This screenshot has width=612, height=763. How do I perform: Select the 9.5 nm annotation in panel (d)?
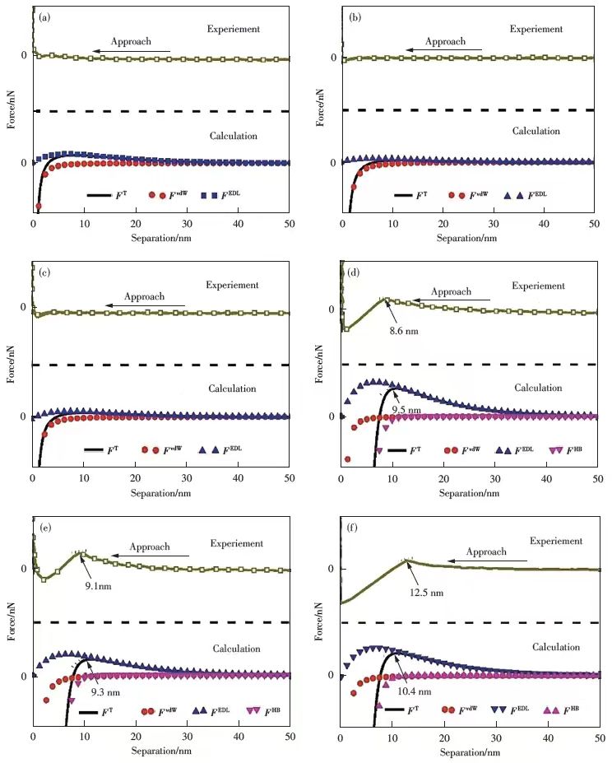403,409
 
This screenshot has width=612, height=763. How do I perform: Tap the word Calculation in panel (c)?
233,388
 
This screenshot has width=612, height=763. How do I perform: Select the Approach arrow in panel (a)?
132,52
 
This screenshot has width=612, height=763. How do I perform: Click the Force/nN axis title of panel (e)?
12,623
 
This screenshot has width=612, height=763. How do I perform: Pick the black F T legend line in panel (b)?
403,195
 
